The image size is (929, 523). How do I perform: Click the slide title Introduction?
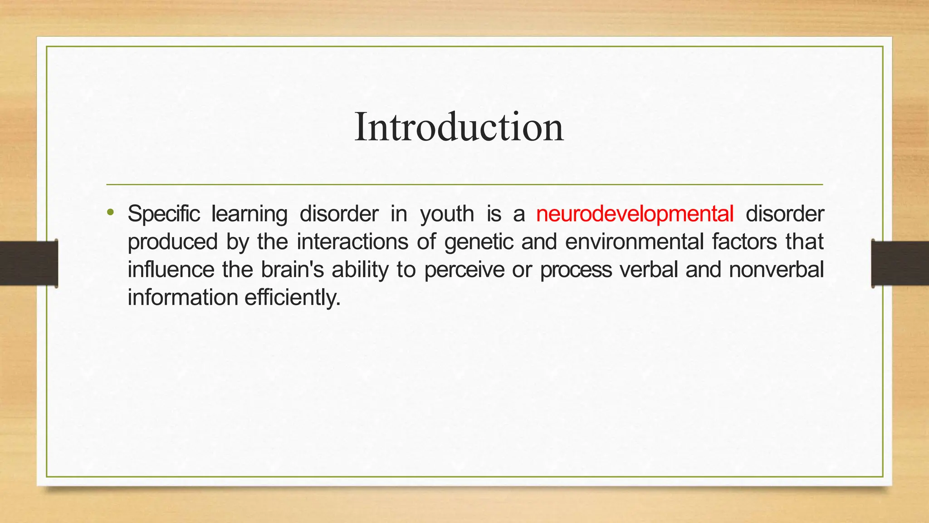(x=459, y=127)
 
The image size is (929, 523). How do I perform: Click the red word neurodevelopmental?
(x=635, y=214)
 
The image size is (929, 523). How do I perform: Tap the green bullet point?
(x=110, y=212)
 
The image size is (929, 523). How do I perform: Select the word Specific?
(x=163, y=214)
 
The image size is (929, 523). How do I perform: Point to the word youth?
(x=447, y=214)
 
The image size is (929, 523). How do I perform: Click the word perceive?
(x=464, y=270)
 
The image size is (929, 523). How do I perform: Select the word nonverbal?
(x=776, y=270)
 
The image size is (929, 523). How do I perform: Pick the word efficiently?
(x=292, y=298)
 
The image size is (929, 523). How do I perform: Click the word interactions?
(x=352, y=242)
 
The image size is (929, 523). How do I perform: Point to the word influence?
(x=171, y=270)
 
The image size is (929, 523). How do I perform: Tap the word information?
(x=183, y=298)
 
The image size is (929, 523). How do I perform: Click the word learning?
(x=249, y=214)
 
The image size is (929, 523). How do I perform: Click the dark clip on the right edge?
(x=900, y=263)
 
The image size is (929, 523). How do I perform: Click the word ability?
(x=360, y=270)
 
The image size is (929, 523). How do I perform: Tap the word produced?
(x=172, y=242)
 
